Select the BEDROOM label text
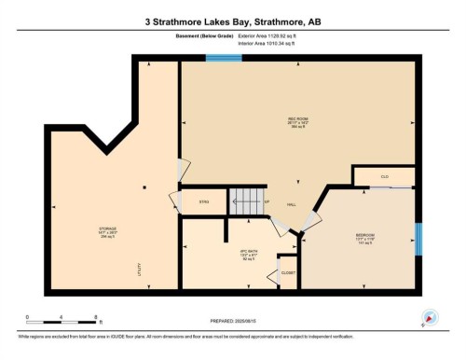364,234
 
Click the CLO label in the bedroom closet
383,175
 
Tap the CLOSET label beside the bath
290,274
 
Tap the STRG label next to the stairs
205,202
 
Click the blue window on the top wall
224,59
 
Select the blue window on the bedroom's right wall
418,239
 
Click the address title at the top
233,20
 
